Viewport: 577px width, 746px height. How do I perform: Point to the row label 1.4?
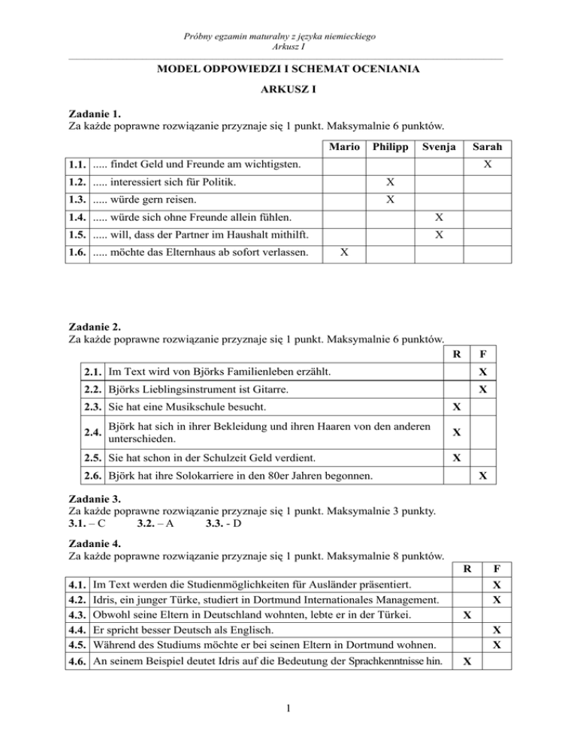[x=79, y=217]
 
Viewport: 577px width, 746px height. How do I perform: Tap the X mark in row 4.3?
[x=467, y=614]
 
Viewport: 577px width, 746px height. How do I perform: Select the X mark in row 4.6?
[x=467, y=663]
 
